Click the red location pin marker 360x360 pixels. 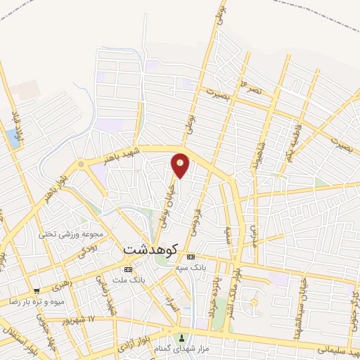click(181, 165)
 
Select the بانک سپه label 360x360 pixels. click(209, 267)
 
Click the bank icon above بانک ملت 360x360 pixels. click(127, 269)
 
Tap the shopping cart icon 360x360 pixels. click(37, 290)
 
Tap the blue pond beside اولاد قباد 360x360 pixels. click(13, 139)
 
